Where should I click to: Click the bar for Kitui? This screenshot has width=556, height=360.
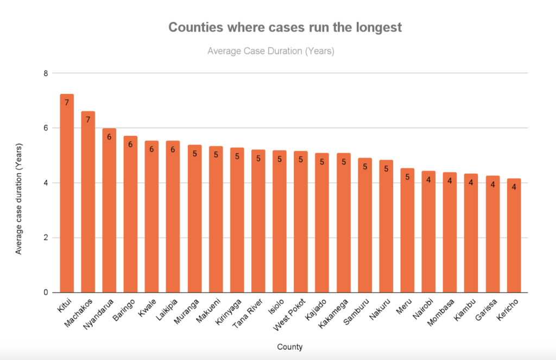pyautogui.click(x=67, y=195)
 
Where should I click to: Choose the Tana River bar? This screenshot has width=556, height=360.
pyautogui.click(x=258, y=223)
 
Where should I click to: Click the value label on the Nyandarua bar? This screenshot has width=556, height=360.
pyautogui.click(x=109, y=137)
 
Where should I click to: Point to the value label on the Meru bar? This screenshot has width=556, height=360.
pyautogui.click(x=407, y=176)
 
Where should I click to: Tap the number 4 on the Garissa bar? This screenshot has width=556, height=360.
pyautogui.click(x=492, y=185)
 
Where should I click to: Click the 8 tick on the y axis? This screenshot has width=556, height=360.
pyautogui.click(x=46, y=73)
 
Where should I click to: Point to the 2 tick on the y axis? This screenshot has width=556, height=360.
pyautogui.click(x=46, y=238)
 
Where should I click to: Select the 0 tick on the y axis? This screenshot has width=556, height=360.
pyautogui.click(x=46, y=293)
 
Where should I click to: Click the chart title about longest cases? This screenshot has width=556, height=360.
pyautogui.click(x=285, y=28)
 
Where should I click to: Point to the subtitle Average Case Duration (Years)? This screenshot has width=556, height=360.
pyautogui.click(x=270, y=52)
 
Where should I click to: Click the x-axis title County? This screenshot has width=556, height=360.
pyautogui.click(x=289, y=346)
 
